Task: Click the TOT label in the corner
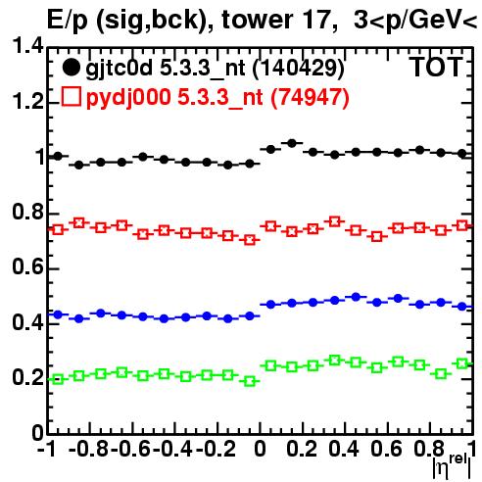(x=437, y=68)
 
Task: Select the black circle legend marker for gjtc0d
(x=71, y=68)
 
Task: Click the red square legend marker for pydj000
(x=71, y=96)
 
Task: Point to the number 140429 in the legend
(x=299, y=69)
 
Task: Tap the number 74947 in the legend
(x=310, y=97)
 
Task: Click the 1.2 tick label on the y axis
(x=27, y=102)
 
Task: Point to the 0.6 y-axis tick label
(x=27, y=267)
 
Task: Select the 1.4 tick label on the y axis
(x=27, y=46)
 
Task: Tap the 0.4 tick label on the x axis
(x=344, y=449)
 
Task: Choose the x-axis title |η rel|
(x=453, y=467)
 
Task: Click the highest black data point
(x=292, y=143)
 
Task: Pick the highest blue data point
(x=356, y=297)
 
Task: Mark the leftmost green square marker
(x=58, y=379)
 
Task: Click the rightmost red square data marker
(x=462, y=225)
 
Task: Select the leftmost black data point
(x=58, y=156)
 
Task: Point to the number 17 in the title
(x=316, y=21)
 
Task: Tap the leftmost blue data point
(x=58, y=314)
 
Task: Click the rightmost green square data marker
(x=462, y=363)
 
